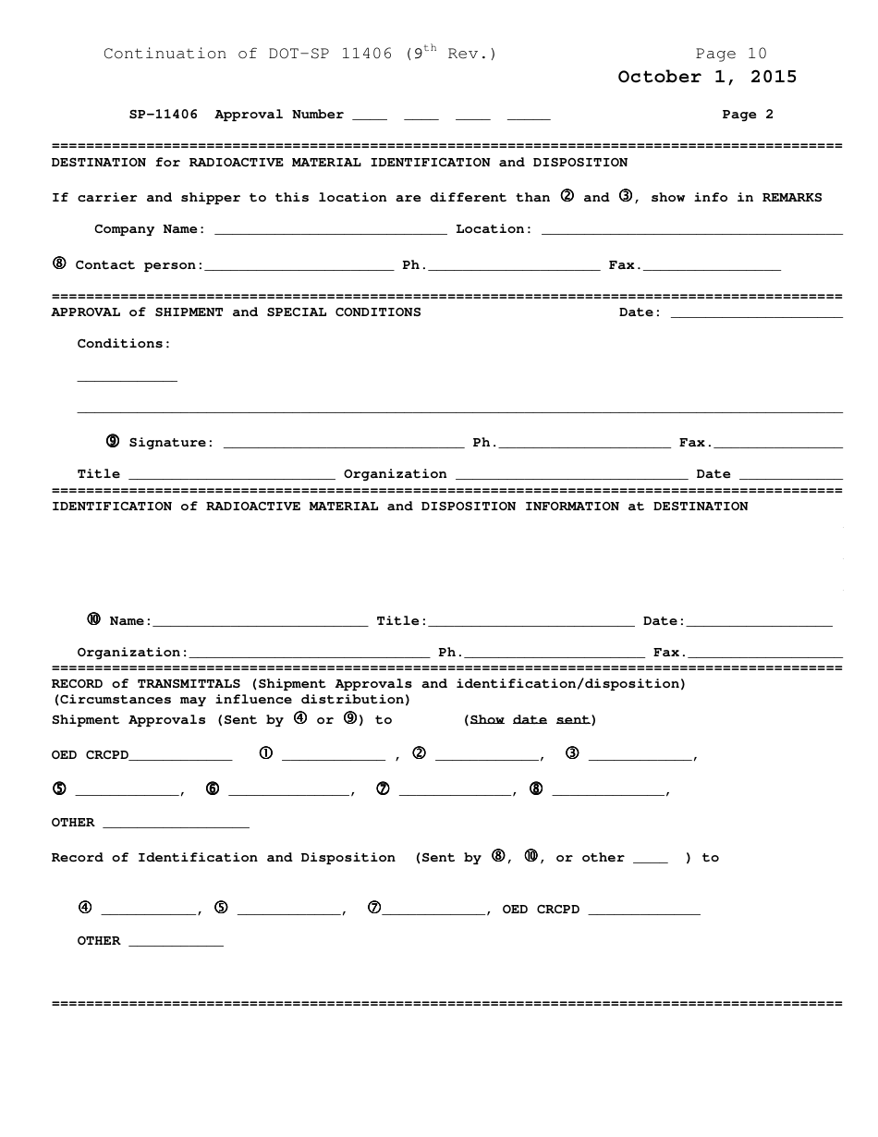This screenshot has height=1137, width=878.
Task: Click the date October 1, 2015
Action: coord(707,77)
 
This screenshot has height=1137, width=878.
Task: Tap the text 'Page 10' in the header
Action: coord(730,54)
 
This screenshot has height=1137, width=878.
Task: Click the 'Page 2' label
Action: coord(748,115)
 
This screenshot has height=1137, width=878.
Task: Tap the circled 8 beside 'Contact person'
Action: coord(59,263)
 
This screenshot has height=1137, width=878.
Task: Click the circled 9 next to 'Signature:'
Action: coord(113,441)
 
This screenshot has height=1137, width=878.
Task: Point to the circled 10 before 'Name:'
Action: coord(93,619)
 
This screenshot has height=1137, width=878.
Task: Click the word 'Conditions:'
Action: coord(124,344)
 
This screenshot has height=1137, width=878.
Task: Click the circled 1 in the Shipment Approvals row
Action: coord(266,753)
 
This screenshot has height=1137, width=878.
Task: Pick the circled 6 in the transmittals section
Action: coord(213,789)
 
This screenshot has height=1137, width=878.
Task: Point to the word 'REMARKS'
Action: coord(791,198)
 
